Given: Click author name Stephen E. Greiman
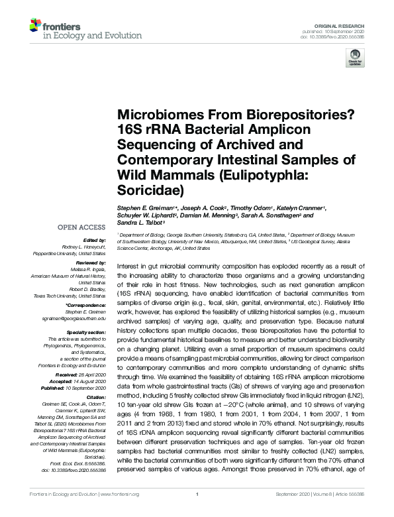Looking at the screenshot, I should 144,207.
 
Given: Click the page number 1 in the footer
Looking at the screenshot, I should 197,511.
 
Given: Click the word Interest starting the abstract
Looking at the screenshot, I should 128,264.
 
